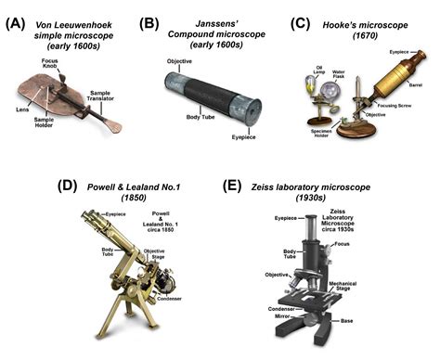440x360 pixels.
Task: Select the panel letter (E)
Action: coord(236,186)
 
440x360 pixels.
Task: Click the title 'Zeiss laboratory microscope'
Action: coord(321,186)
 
